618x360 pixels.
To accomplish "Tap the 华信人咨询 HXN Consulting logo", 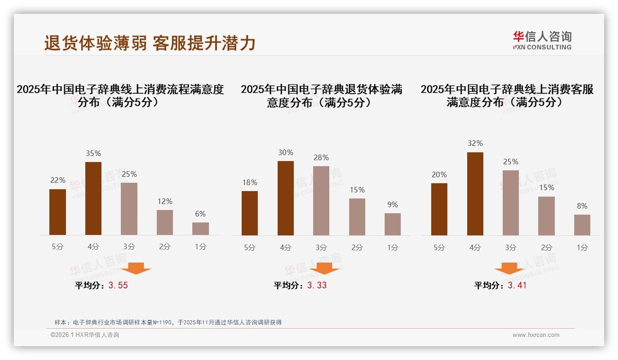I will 542,41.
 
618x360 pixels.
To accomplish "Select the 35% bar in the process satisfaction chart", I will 94,198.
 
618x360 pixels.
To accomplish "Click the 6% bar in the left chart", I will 201,229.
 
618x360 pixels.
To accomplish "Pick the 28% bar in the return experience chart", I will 321,201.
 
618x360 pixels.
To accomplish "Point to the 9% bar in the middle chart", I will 392,224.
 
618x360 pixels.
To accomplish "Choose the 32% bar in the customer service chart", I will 475,194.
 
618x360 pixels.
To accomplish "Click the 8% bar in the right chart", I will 582,225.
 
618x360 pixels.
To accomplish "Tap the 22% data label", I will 58,180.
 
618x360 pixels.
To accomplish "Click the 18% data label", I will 250,182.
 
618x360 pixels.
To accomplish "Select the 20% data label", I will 439,174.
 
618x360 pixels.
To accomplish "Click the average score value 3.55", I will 118,285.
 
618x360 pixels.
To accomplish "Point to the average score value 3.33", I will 317,285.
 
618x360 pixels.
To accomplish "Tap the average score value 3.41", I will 517,285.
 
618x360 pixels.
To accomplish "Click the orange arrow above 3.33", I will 324,268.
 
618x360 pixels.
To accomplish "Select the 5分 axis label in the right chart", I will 439,247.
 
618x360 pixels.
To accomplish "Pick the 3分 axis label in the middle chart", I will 321,247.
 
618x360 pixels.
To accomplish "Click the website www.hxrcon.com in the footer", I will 536,335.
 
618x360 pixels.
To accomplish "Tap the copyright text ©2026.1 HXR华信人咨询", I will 85,335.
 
